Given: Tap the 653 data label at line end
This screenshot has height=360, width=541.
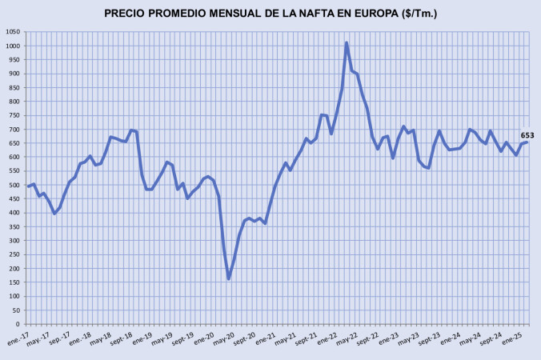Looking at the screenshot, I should (527, 135).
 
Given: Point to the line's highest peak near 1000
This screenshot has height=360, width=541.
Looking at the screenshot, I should (347, 43).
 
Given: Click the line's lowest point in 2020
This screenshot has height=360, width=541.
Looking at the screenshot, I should (228, 278).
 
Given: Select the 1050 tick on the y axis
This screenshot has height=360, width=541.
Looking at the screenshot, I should (13, 31).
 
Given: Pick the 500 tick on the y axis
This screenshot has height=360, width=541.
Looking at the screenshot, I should (14, 185).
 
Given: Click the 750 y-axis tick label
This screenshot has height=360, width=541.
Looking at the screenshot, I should (14, 115).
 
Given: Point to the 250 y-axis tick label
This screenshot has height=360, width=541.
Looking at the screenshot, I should (14, 254).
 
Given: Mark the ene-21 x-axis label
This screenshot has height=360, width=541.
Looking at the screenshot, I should (266, 338).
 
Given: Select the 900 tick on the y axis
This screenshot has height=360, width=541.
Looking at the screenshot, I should (14, 74).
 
